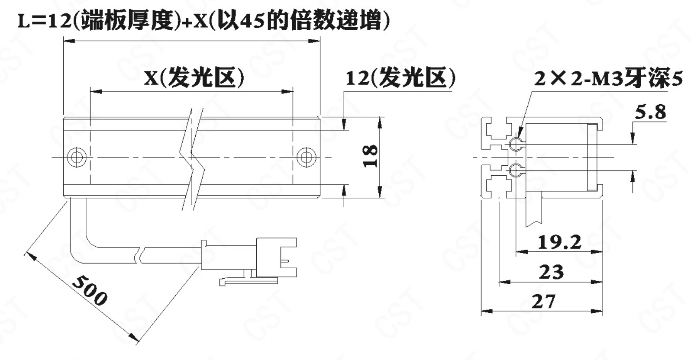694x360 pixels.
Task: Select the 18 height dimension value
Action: [371, 156]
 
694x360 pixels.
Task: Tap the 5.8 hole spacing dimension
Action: [650, 112]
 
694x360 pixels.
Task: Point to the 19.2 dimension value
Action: [559, 242]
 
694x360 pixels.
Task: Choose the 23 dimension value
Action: [552, 272]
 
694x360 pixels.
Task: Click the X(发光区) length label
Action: [194, 77]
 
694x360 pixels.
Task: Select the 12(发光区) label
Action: [400, 77]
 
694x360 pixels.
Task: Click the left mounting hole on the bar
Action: [77, 157]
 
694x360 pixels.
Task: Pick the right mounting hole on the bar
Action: [307, 157]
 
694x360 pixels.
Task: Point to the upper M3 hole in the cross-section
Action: [516, 144]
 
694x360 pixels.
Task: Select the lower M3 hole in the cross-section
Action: [516, 170]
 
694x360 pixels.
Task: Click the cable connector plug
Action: [249, 257]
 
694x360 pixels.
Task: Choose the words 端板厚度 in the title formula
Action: [127, 21]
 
